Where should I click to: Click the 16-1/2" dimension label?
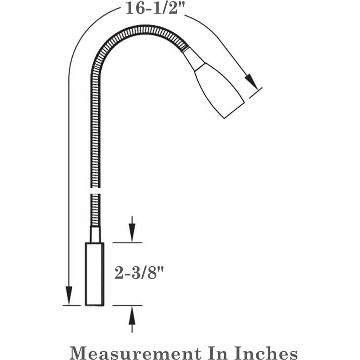click(x=155, y=9)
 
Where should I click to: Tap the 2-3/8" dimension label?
click(x=139, y=273)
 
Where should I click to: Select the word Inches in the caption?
click(x=265, y=352)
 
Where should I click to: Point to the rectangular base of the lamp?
click(x=95, y=274)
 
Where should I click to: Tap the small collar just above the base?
click(x=95, y=235)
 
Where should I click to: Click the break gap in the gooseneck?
click(x=95, y=190)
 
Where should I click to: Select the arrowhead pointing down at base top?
click(x=132, y=232)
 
